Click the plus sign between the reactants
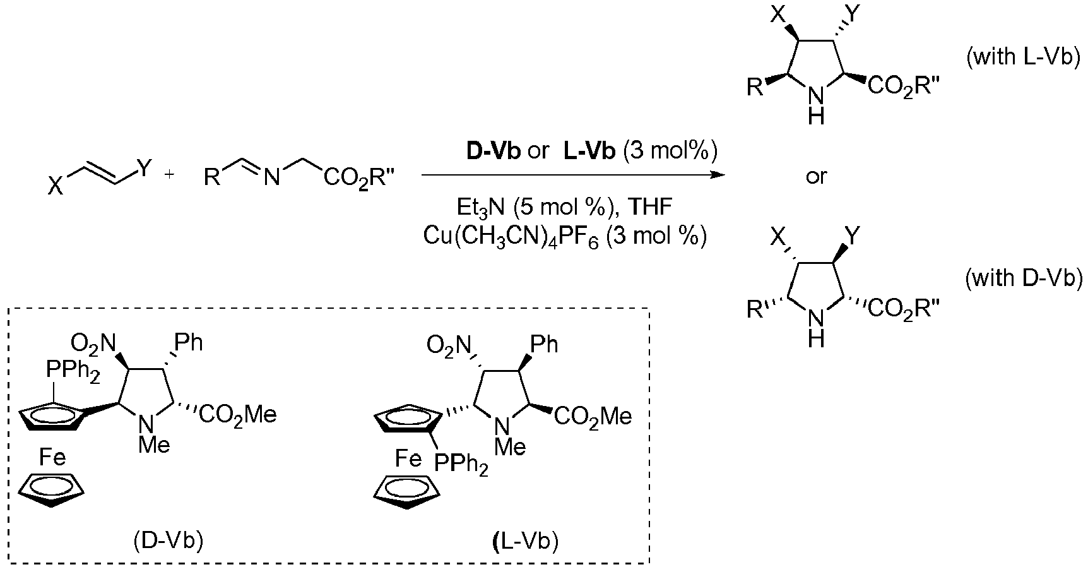pos(169,174)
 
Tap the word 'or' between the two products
pos(815,177)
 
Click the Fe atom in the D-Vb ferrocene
pos(52,457)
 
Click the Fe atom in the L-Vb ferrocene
pos(408,458)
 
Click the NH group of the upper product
pos(816,105)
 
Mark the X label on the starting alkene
pos(56,188)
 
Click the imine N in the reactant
pos(271,179)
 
